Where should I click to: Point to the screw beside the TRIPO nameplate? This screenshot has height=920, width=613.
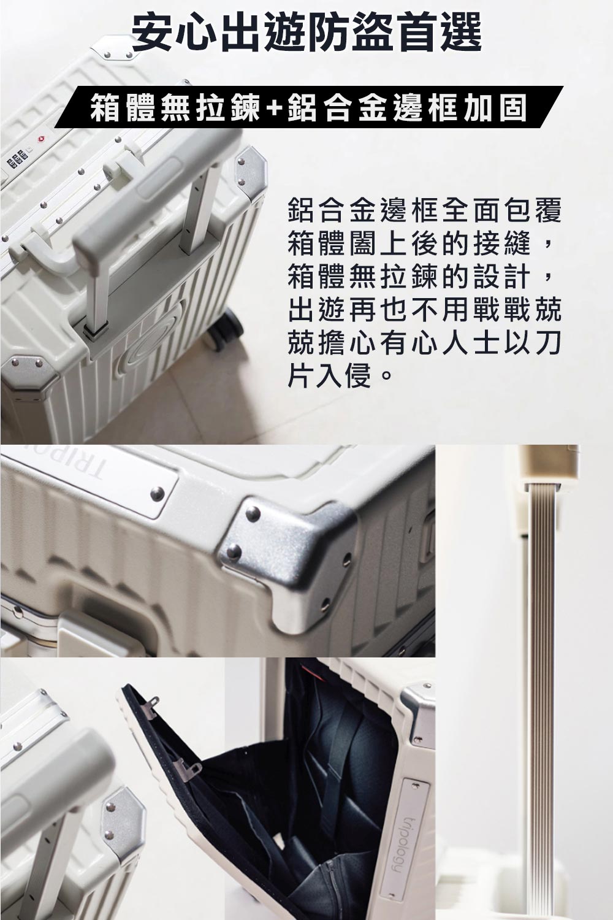158,492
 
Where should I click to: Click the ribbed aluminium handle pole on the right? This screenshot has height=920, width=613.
539,675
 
